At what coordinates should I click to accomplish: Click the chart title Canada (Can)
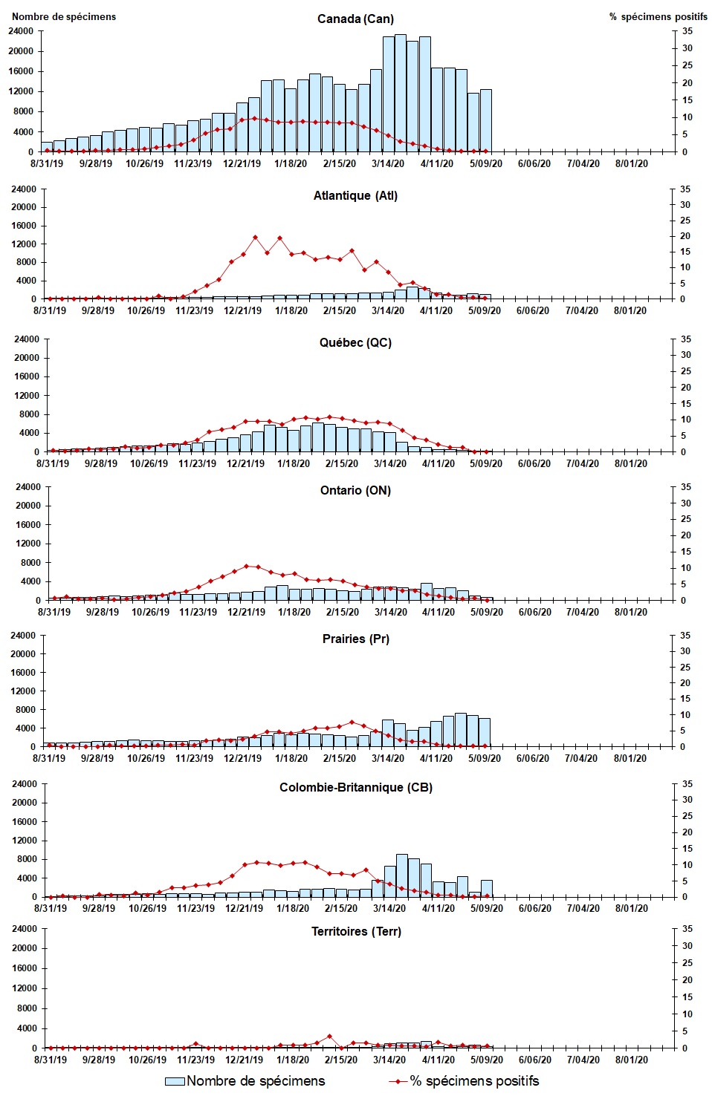355,19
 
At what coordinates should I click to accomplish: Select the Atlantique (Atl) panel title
355,195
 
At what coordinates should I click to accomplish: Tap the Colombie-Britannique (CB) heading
355,787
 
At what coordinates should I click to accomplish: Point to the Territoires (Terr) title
356,931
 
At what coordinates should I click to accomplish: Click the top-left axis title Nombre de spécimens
64,16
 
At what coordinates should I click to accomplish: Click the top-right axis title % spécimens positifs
658,16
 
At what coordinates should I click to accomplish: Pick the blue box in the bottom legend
175,1081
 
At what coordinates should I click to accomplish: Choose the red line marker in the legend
398,1081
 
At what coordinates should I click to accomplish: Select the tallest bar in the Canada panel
401,93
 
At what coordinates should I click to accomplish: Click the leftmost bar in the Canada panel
47,146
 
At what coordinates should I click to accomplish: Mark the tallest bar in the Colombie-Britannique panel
402,875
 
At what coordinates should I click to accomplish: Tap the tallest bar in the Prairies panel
461,730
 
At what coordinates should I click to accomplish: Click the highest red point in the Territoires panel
329,1036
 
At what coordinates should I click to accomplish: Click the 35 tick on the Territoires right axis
687,929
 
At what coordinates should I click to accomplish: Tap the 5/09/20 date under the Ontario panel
485,612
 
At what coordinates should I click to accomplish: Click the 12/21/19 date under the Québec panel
245,463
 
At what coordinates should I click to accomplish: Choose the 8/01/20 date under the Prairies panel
630,758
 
